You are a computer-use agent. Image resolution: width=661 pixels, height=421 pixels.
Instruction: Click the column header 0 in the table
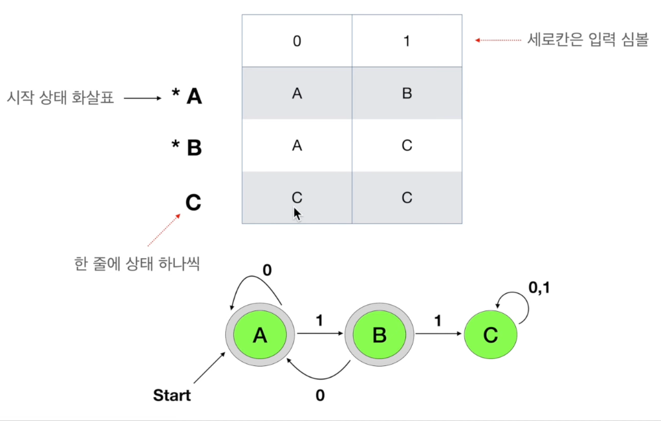pos(297,41)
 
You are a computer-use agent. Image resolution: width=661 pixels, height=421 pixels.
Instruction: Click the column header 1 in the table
pos(407,41)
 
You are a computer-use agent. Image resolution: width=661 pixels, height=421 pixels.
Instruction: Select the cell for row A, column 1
pos(407,93)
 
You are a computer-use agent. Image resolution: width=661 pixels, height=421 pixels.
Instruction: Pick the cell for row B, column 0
pos(297,146)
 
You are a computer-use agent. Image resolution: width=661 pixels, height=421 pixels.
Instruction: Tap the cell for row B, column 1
pos(407,146)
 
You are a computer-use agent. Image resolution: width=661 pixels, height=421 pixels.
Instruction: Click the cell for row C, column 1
pos(407,197)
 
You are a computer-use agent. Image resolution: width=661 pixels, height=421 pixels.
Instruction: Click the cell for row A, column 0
pos(297,93)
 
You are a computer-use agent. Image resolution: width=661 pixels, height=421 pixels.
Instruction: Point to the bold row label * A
pos(187,97)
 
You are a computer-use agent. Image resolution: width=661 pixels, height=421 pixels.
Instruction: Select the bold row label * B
pos(187,148)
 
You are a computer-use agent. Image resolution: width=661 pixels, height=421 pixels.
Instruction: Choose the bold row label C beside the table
pos(193,202)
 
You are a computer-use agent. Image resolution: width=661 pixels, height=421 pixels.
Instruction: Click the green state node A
pos(260,336)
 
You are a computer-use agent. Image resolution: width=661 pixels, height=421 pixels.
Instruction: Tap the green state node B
pos(379,336)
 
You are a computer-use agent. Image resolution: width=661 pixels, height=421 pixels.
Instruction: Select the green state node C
pos(490,336)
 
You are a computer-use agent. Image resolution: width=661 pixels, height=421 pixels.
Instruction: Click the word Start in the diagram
pos(172,396)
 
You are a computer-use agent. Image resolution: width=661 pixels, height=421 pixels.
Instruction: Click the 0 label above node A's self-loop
pos(267,270)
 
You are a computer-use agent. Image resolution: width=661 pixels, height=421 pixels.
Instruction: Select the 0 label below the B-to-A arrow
pos(320,396)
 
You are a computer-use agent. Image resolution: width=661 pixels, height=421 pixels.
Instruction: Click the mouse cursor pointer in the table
pos(297,214)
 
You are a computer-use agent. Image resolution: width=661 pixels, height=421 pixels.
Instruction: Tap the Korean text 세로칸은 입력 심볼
pos(587,40)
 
